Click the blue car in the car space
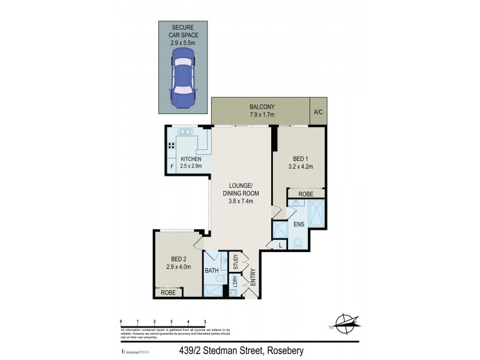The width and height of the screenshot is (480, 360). [x=184, y=78]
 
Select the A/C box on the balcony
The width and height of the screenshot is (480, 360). [x=317, y=111]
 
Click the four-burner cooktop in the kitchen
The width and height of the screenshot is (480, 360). [x=172, y=145]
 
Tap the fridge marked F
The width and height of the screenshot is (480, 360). [x=172, y=166]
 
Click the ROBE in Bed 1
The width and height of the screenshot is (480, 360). [x=306, y=194]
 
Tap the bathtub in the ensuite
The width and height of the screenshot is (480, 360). [x=317, y=214]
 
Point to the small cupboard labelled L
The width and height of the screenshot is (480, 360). [x=280, y=244]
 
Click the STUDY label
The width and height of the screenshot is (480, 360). [x=236, y=262]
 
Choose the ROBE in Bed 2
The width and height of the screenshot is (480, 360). [x=168, y=293]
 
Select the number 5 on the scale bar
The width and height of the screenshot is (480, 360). [x=205, y=322]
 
